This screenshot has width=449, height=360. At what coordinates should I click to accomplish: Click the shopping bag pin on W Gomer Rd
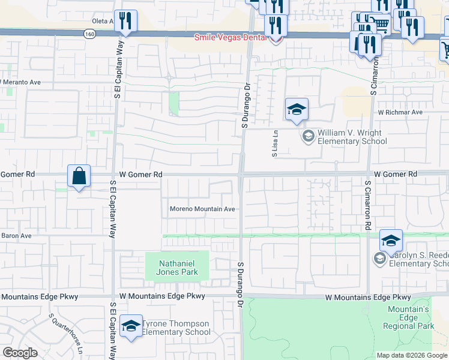point(79,176)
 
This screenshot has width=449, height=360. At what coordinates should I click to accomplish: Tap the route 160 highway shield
point(89,34)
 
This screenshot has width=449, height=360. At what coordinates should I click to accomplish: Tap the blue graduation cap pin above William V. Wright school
point(297,109)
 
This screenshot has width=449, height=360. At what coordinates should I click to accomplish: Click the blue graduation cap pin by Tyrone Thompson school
point(131,326)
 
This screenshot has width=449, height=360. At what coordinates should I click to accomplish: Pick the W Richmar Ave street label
point(400,112)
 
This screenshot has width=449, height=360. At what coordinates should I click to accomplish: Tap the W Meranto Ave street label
point(20,82)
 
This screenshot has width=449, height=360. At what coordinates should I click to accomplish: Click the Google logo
point(20,353)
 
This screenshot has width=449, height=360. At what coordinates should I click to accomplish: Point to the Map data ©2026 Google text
point(412,355)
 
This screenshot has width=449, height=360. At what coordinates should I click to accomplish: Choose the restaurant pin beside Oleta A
point(126,21)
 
